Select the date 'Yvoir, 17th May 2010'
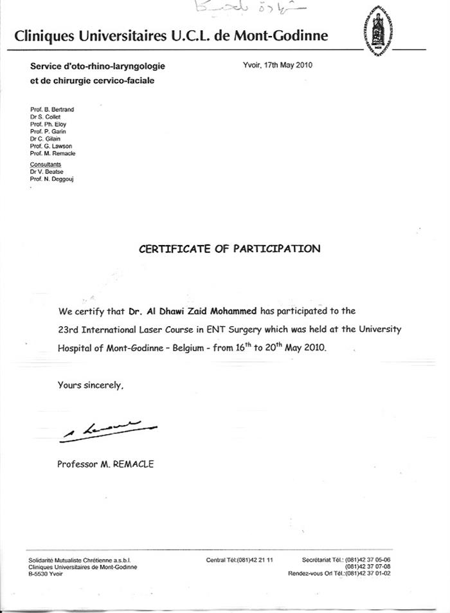point(278,65)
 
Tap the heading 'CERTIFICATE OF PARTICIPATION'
point(230,249)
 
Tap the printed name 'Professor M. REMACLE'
point(105,464)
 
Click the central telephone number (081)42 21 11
point(240,560)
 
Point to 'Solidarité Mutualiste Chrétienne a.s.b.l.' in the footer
point(80,560)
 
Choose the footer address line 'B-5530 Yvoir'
point(46,573)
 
